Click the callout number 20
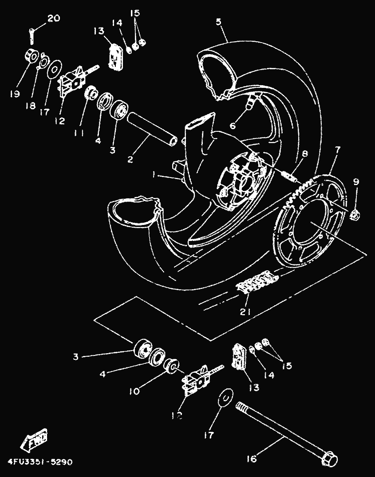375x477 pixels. coord(53,19)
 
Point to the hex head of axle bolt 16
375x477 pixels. coord(329,458)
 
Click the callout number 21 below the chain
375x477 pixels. coord(245,311)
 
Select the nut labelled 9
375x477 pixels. coord(355,215)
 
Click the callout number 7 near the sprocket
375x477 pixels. coord(338,150)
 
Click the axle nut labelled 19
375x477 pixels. coord(32,56)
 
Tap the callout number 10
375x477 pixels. coord(134,391)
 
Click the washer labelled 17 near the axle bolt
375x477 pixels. coord(225,396)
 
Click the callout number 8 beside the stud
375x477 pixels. coord(304,154)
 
